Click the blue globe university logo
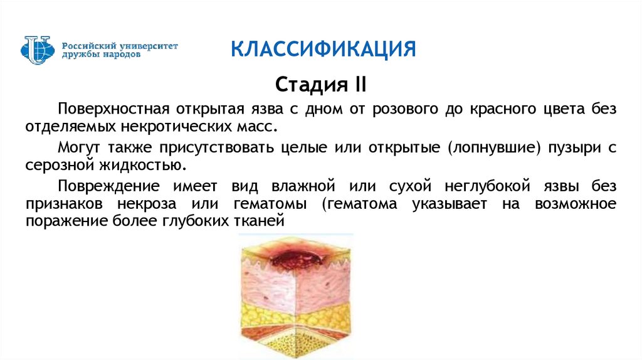(38, 50)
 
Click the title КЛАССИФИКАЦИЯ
(324, 50)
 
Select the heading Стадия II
(320, 85)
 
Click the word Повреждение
(108, 186)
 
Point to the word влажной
(303, 186)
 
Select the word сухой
(410, 186)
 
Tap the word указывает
(450, 204)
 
